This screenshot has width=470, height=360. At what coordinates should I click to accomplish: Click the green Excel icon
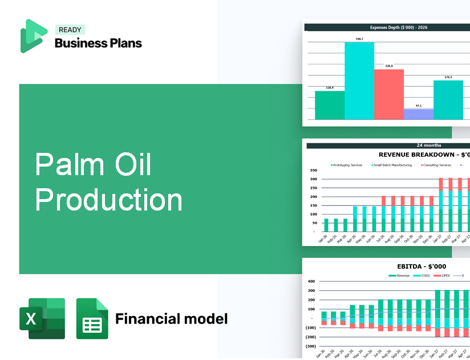pyautogui.click(x=42, y=318)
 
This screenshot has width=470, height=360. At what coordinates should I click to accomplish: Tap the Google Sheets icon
pyautogui.click(x=92, y=318)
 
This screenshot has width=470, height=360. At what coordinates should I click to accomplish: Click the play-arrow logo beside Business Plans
pyautogui.click(x=33, y=36)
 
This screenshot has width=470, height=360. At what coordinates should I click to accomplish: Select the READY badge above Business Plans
pyautogui.click(x=70, y=30)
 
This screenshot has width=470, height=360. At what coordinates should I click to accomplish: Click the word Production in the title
pyautogui.click(x=109, y=200)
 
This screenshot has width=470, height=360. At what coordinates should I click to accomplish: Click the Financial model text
pyautogui.click(x=171, y=318)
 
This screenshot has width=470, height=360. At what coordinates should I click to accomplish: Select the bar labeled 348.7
pyautogui.click(x=359, y=80)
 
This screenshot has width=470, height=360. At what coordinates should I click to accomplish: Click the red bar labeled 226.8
pyautogui.click(x=389, y=94)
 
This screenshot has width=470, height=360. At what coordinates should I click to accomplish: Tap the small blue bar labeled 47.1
pyautogui.click(x=418, y=114)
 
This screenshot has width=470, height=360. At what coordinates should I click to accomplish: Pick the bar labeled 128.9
pyautogui.click(x=330, y=105)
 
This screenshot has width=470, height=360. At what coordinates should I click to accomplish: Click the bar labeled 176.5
pyautogui.click(x=448, y=100)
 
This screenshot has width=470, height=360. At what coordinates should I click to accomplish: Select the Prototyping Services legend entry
pyautogui.click(x=346, y=165)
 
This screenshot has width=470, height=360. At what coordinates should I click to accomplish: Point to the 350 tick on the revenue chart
pyautogui.click(x=313, y=171)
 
